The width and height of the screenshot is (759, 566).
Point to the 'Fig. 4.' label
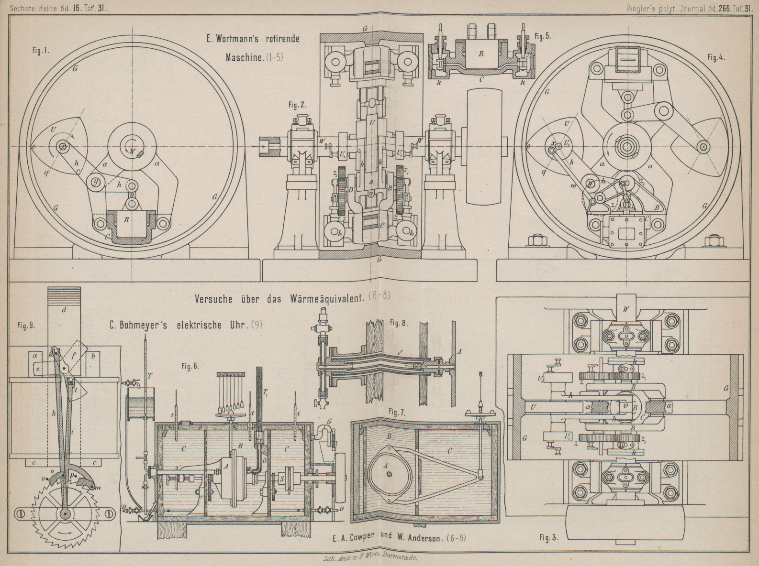tap(716, 57)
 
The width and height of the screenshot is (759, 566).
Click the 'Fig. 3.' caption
tap(549, 537)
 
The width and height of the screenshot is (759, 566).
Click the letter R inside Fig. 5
tap(481, 54)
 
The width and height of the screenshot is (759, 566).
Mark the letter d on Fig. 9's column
tap(64, 310)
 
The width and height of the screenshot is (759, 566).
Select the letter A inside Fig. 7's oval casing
tap(386, 464)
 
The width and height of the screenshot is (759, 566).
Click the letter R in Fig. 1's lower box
tap(126, 219)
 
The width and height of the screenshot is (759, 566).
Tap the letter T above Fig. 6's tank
tap(150, 375)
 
